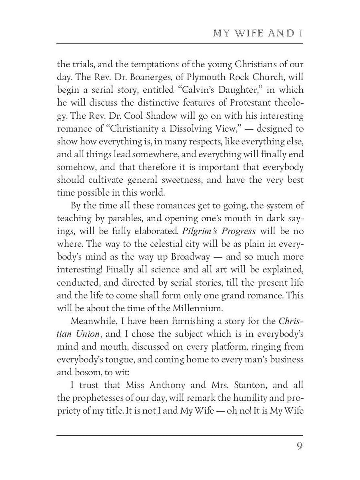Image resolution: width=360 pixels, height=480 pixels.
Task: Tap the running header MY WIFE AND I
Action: pyautogui.click(x=257, y=33)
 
